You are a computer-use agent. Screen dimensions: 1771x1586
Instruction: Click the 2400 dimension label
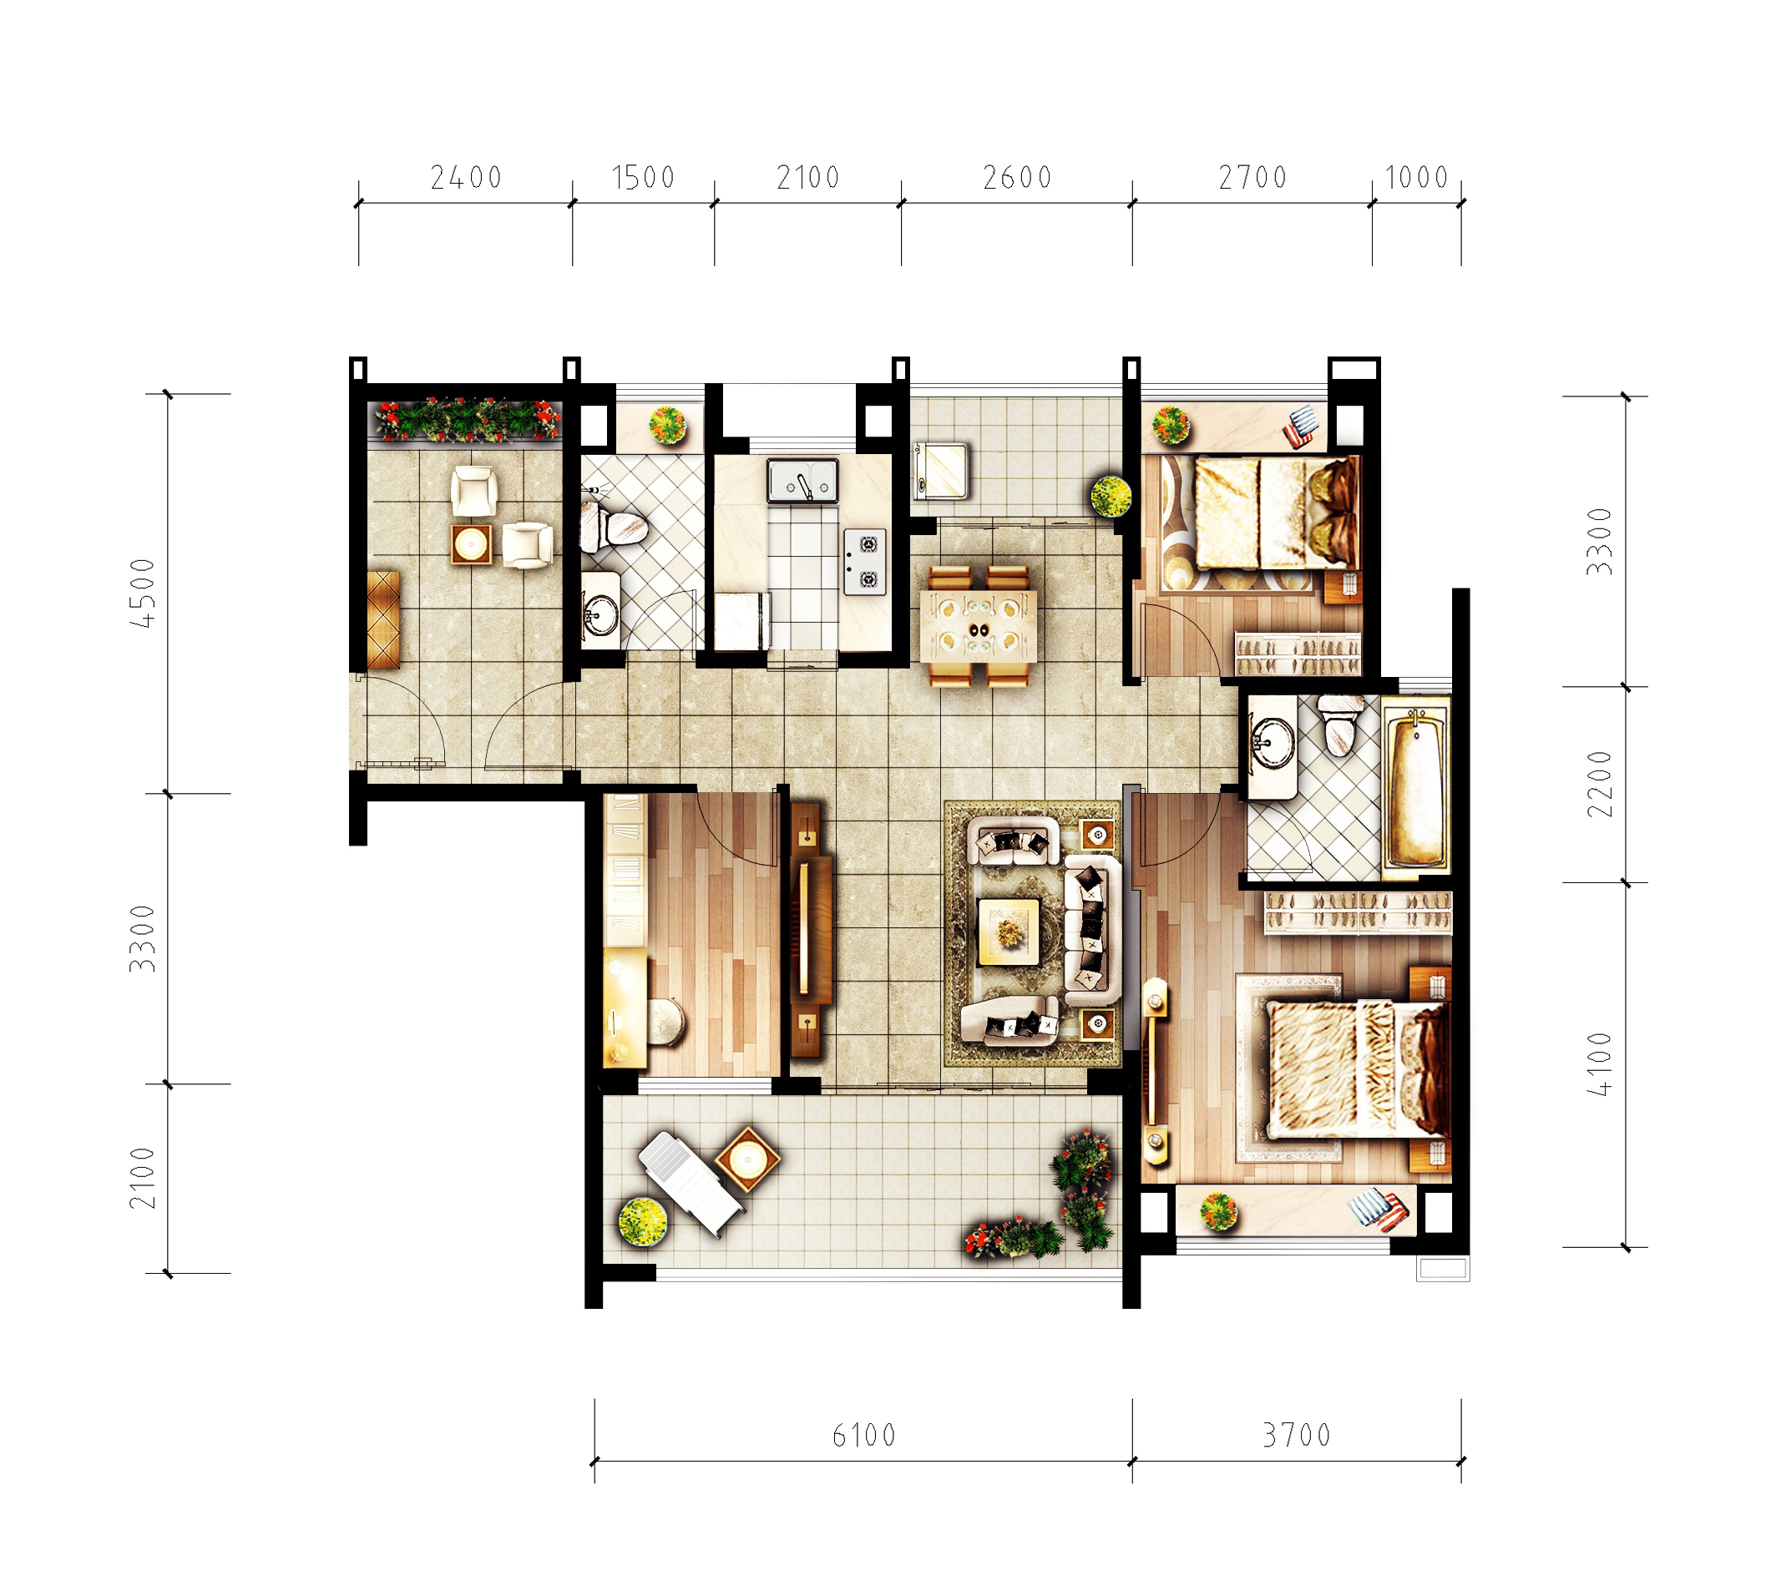(466, 178)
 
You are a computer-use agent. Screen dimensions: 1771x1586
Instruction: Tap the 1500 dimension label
(643, 178)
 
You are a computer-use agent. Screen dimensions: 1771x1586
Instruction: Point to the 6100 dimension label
(863, 1435)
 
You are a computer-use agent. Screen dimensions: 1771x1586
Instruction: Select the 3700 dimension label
(1297, 1435)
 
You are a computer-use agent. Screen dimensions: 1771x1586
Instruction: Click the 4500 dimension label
(143, 593)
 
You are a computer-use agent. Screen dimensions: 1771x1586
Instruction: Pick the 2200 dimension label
(1599, 784)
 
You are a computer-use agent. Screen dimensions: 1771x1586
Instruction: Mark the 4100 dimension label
(1599, 1064)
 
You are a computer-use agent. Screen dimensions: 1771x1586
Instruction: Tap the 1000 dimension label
(1416, 178)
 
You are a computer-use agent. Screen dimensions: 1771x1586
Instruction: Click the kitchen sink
(802, 481)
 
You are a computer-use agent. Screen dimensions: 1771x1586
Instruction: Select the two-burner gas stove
(864, 562)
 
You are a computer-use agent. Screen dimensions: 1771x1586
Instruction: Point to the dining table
(979, 625)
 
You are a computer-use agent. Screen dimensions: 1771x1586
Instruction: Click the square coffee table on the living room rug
(1009, 932)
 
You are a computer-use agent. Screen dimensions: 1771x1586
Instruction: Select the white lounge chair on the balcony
(691, 1184)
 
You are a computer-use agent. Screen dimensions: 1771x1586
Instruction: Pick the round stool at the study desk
(667, 1022)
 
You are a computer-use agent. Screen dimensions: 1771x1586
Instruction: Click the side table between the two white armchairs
(471, 544)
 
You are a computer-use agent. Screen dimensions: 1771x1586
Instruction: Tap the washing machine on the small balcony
(940, 472)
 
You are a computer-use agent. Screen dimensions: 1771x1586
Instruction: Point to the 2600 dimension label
(1017, 178)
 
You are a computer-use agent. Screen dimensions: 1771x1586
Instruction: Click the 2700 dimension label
(1252, 178)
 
